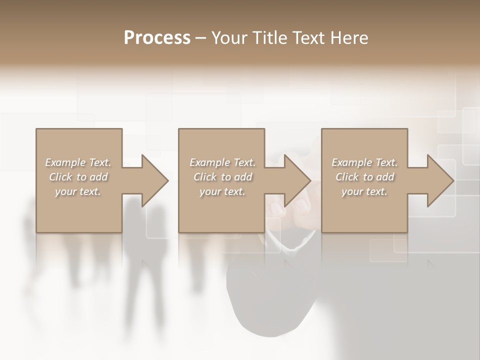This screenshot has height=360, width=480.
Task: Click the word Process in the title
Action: pyautogui.click(x=157, y=38)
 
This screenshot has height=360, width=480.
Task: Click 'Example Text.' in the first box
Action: pyautogui.click(x=78, y=162)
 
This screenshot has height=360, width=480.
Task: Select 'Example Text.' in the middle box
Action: pyautogui.click(x=222, y=162)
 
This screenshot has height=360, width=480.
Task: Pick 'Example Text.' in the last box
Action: pyautogui.click(x=364, y=162)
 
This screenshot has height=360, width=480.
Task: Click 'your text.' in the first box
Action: pyautogui.click(x=78, y=191)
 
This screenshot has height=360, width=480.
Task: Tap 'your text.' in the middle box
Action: pyautogui.click(x=222, y=191)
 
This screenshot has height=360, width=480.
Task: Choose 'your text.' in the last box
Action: pyautogui.click(x=364, y=191)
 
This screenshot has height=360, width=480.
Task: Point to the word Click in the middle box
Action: pyautogui.click(x=205, y=177)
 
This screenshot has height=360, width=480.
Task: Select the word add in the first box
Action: pyautogui.click(x=98, y=177)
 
